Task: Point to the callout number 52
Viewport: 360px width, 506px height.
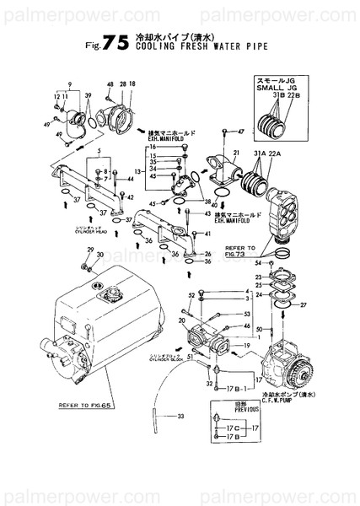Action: [x=191, y=294]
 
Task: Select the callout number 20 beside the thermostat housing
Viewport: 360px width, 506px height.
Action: [x=183, y=320]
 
